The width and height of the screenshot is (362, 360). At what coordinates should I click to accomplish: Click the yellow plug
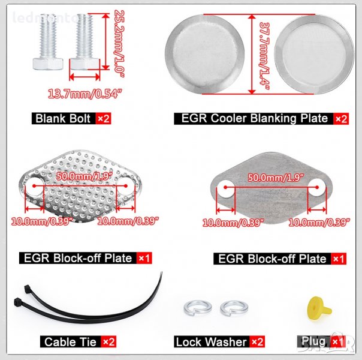[318, 309]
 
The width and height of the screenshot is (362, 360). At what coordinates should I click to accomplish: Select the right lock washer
[234, 308]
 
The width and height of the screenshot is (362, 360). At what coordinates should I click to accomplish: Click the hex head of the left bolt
[48, 64]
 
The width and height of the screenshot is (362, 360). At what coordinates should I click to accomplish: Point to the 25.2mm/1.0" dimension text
[119, 43]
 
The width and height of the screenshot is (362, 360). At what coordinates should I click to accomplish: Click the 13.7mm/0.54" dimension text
[85, 94]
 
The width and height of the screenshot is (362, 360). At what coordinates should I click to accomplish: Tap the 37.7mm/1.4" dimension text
[264, 56]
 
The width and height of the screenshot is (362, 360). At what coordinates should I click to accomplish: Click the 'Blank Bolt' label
[63, 119]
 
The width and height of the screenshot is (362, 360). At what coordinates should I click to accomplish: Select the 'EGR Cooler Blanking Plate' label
[255, 118]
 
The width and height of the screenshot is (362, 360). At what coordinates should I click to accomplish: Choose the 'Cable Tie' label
[70, 342]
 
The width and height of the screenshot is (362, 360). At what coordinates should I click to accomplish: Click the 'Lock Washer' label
[211, 342]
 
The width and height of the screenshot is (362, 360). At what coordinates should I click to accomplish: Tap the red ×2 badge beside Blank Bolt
[104, 119]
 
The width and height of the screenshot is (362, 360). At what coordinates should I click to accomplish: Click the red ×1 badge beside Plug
[338, 341]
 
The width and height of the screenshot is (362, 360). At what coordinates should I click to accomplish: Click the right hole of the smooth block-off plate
[317, 188]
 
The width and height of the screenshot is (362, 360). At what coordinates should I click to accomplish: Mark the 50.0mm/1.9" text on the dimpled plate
[85, 176]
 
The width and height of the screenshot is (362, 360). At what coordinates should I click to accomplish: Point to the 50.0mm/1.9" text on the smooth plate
[276, 178]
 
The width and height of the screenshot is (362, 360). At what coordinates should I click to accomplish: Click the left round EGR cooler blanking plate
[205, 55]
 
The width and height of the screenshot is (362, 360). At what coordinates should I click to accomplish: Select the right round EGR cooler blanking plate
[314, 55]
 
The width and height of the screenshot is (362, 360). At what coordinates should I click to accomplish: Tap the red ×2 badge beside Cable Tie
[108, 342]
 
